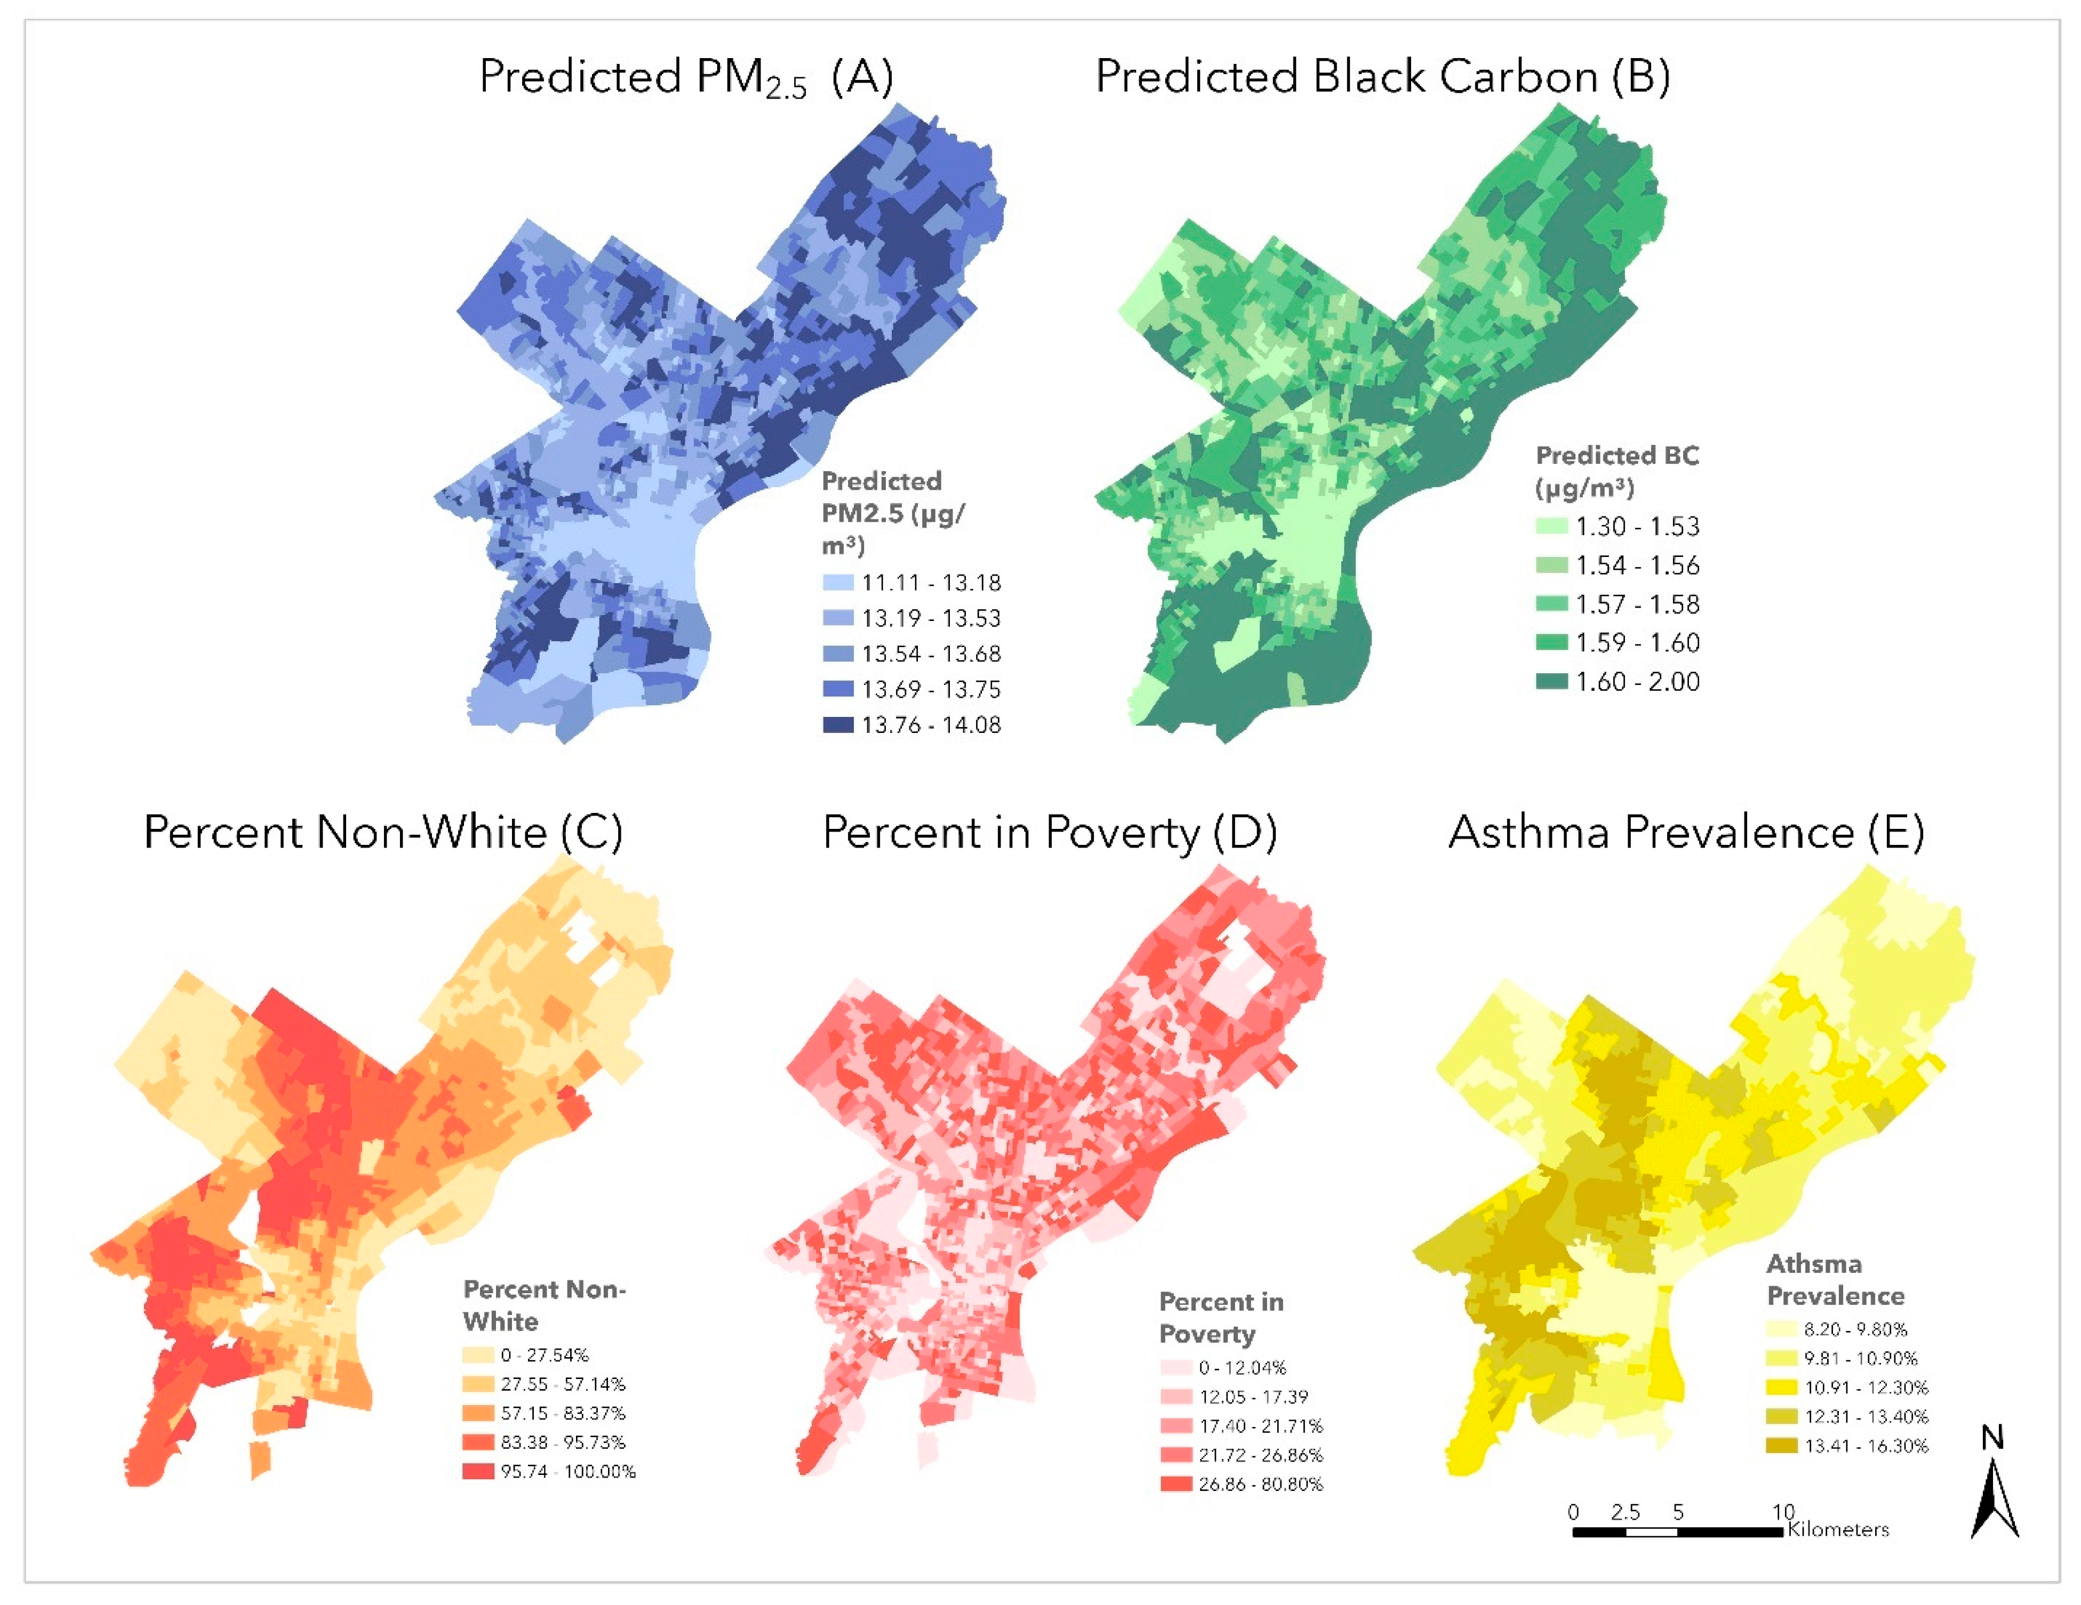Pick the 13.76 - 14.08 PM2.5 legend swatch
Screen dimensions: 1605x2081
click(x=837, y=725)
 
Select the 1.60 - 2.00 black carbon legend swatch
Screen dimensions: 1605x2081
click(x=1551, y=682)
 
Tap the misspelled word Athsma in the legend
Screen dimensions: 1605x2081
click(x=1813, y=1264)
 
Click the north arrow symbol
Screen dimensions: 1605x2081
click(x=1994, y=1499)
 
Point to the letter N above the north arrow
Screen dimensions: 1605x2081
click(x=1992, y=1437)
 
